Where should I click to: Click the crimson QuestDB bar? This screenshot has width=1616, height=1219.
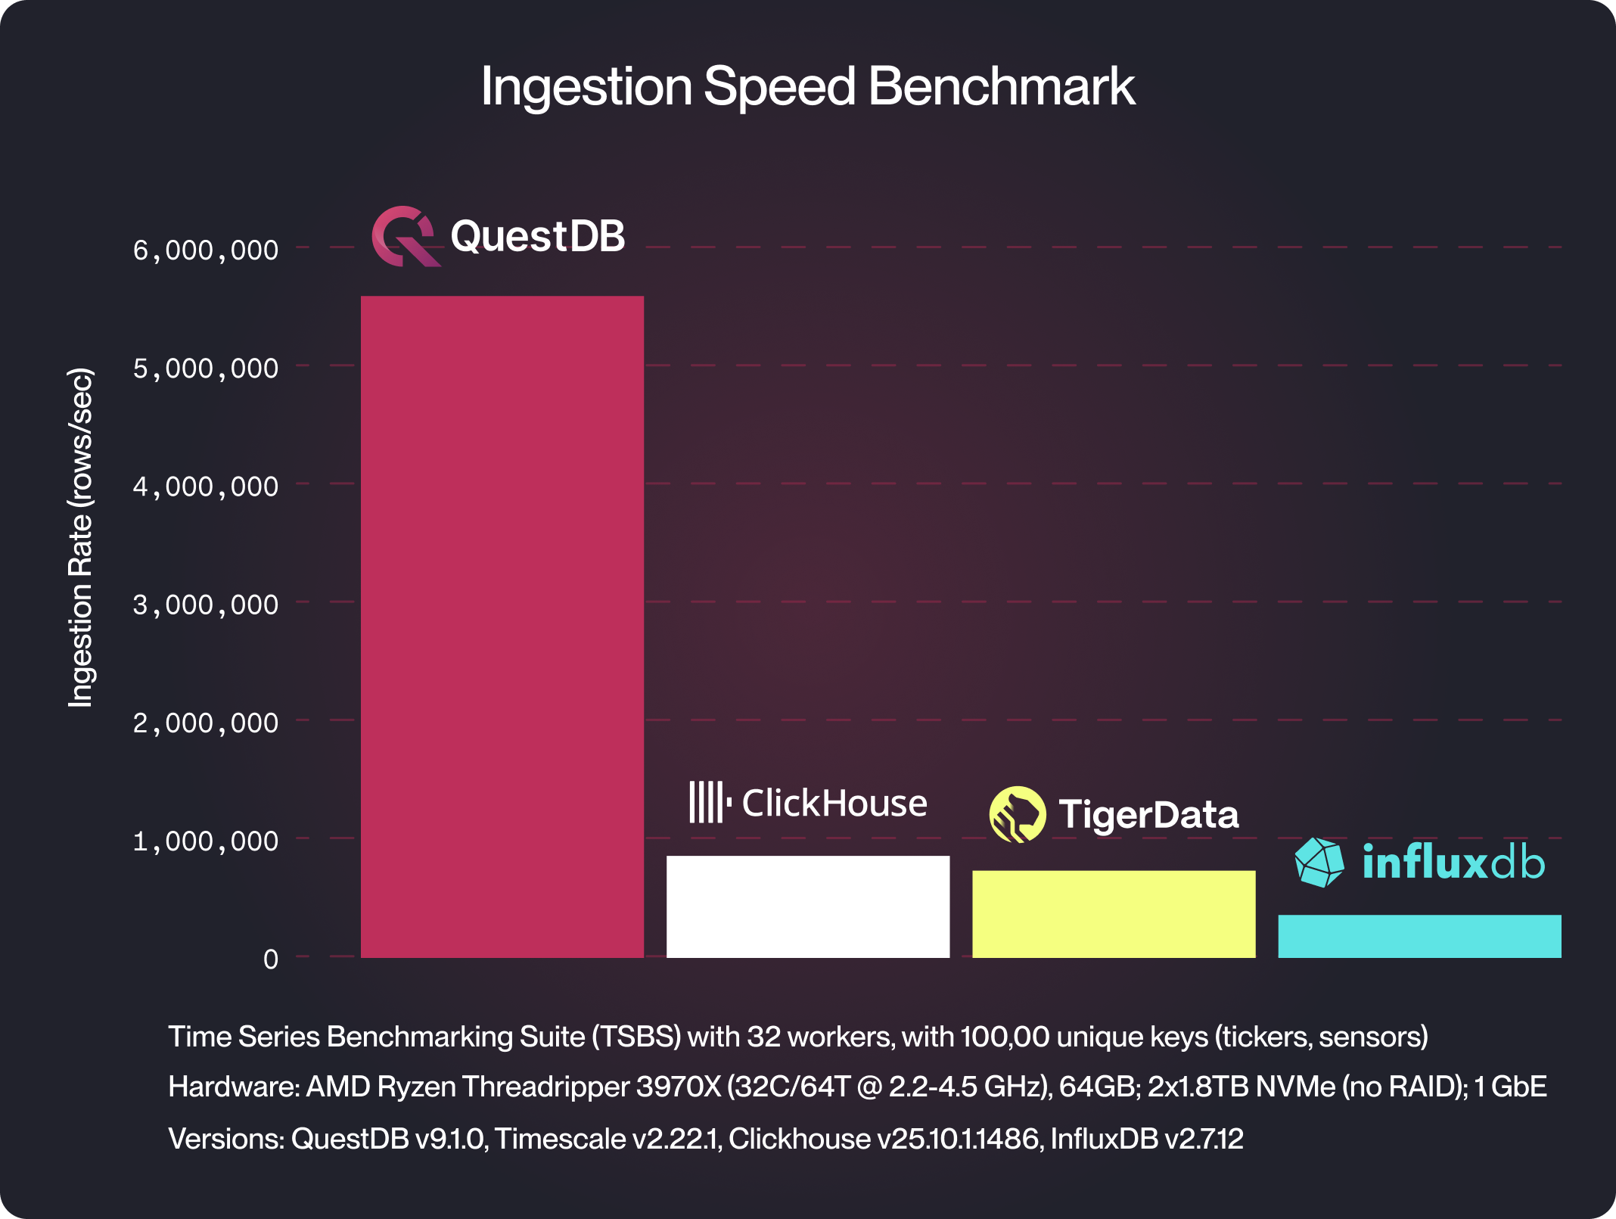coord(502,627)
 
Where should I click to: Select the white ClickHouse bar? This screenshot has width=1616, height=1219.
coord(807,906)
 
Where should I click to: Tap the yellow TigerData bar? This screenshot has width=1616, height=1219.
coord(1113,914)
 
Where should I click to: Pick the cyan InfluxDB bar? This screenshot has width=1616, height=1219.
coord(1419,936)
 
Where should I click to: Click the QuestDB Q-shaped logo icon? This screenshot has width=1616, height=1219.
coord(405,236)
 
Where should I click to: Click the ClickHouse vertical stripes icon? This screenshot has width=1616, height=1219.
coord(709,802)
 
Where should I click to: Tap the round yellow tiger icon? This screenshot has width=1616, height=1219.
coord(1018,815)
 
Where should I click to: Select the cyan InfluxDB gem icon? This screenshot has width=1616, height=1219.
coord(1319,862)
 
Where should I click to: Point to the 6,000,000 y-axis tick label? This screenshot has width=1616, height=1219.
coord(206,250)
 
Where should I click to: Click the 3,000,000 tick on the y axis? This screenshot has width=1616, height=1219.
coord(206,605)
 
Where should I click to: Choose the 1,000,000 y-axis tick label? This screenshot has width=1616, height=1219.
coord(206,841)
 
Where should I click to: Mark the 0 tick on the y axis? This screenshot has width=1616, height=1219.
coord(271,959)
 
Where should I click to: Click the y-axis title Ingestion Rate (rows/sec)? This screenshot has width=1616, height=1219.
coord(80,537)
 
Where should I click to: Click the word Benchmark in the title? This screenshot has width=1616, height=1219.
coord(1001,86)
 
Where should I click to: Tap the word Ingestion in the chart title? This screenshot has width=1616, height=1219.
coord(586,86)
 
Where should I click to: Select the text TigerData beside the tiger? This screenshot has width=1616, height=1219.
coord(1148,815)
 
